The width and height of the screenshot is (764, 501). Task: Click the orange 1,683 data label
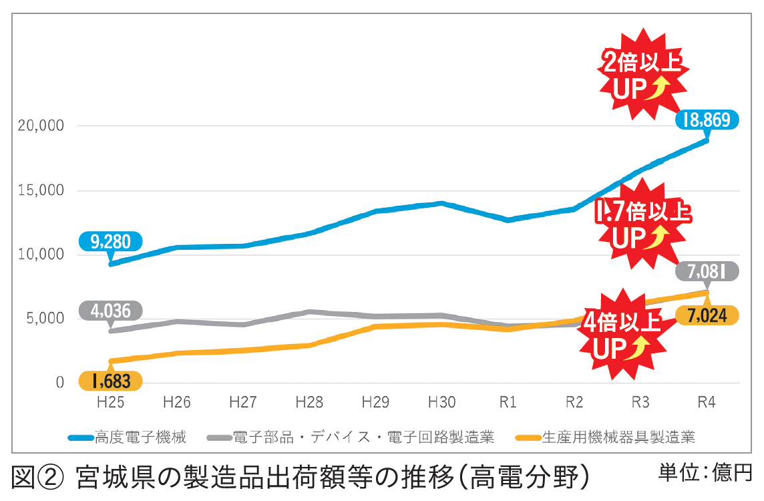pyautogui.click(x=111, y=381)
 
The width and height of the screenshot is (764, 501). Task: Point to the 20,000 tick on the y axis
pyautogui.click(x=42, y=126)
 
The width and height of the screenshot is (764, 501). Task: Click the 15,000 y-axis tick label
pyautogui.click(x=42, y=190)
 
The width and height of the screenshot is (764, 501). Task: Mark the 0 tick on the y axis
pyautogui.click(x=60, y=383)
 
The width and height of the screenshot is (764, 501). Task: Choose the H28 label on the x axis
pyautogui.click(x=309, y=403)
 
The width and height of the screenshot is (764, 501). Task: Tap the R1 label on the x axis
pyautogui.click(x=508, y=403)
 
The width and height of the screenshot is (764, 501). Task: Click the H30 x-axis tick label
pyautogui.click(x=441, y=403)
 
